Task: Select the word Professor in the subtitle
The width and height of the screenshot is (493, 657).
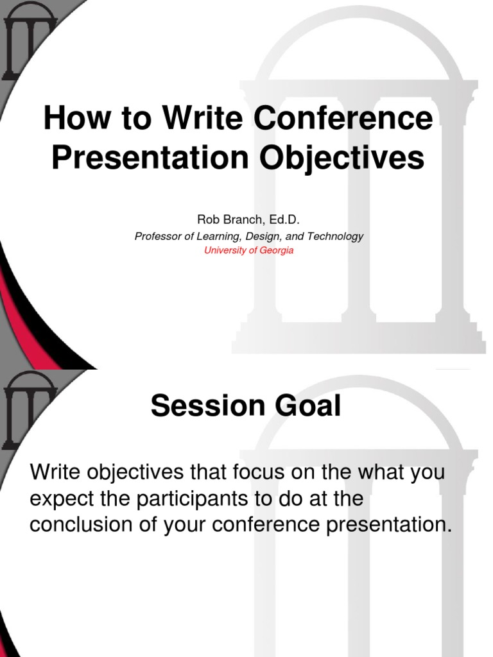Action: tap(157, 236)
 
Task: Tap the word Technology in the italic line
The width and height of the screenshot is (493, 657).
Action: tap(335, 236)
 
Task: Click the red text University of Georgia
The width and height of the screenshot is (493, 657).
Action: tap(248, 250)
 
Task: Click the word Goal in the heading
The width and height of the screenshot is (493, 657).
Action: tap(309, 406)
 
